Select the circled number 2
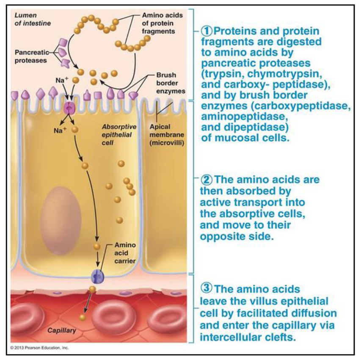[x=205, y=179]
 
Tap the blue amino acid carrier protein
[x=97, y=277]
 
